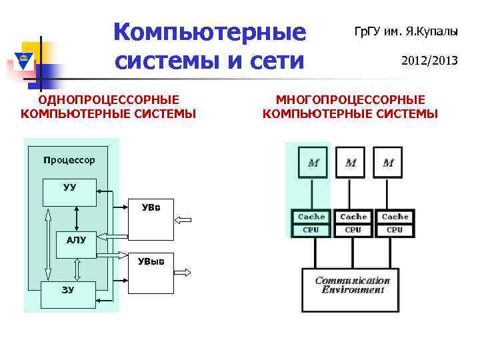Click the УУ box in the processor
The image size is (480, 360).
point(69,192)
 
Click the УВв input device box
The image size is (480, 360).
point(151,219)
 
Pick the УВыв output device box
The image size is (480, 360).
point(151,273)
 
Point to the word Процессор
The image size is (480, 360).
point(69,160)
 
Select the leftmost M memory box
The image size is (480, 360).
point(313,162)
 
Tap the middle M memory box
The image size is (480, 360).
point(351,162)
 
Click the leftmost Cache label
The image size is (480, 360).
point(311,217)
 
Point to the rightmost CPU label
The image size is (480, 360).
point(395,230)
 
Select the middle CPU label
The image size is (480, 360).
point(353,230)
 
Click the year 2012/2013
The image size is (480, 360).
point(429,61)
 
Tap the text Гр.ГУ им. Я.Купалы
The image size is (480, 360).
point(405,31)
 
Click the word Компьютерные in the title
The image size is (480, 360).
point(209,31)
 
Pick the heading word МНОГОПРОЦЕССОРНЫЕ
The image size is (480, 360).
point(351,100)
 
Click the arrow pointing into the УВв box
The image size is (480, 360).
point(183,219)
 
